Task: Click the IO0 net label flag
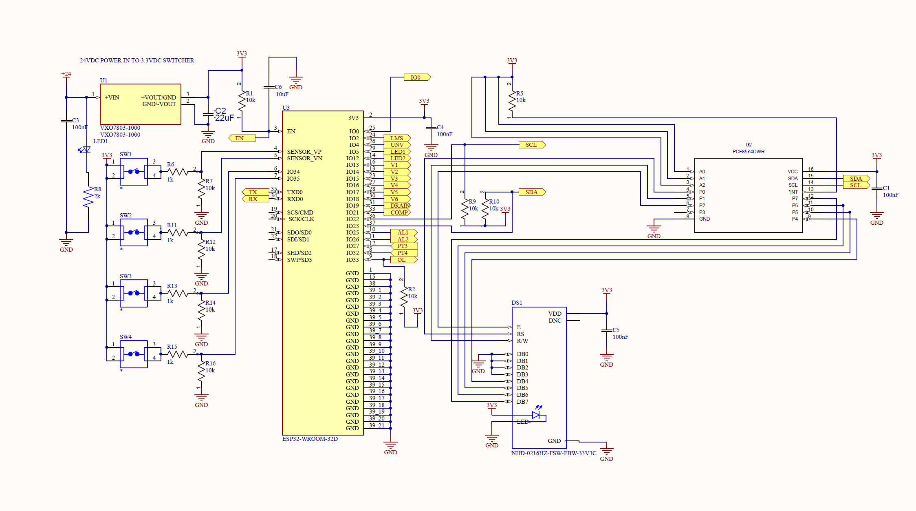pos(416,77)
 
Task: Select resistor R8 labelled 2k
pos(88,197)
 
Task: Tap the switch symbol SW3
pos(134,293)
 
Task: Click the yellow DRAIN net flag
pos(398,206)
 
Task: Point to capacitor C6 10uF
pos(269,87)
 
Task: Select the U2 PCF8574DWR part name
pos(748,151)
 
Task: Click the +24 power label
pos(66,74)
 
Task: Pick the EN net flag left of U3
pos(241,138)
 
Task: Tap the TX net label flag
pos(254,192)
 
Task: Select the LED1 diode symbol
pos(86,150)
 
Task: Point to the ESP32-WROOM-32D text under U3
pos(310,439)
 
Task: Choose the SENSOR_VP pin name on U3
pos(304,152)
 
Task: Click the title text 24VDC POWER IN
pos(137,60)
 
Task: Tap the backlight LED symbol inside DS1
pos(536,415)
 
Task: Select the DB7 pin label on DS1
pos(522,402)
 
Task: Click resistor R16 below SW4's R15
pos(201,369)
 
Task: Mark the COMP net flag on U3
pos(398,212)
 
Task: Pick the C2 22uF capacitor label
pos(224,114)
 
